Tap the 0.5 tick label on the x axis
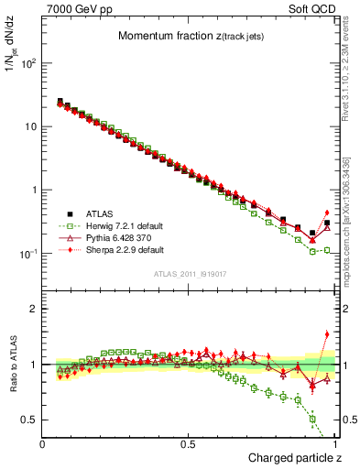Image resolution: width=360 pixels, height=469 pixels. (x=190, y=443)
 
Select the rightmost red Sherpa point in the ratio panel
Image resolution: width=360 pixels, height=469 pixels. (x=327, y=334)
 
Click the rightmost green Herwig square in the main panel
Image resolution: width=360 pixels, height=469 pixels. (x=327, y=249)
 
